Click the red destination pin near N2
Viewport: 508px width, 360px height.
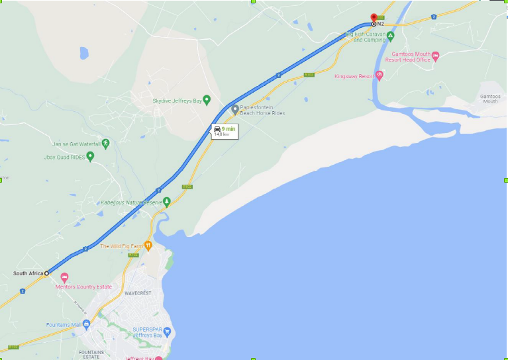tap(374, 18)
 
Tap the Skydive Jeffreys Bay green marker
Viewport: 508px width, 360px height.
tap(207, 100)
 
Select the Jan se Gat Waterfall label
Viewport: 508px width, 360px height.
tap(77, 144)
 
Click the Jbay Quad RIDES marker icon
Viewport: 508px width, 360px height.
tap(90, 156)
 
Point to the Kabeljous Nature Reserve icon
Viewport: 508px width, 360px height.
tap(167, 201)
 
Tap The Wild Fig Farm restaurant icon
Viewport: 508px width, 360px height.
tap(148, 246)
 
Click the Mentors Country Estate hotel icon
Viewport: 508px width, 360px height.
tap(64, 277)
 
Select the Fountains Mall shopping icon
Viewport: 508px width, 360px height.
tap(86, 324)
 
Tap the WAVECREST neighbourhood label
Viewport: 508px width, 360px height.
tap(138, 292)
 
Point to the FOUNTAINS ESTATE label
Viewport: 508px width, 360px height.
tap(91, 354)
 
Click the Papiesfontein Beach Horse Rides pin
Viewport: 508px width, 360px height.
tap(234, 109)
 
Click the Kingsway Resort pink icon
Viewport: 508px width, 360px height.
tap(379, 75)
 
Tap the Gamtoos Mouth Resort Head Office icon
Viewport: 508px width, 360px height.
tap(435, 56)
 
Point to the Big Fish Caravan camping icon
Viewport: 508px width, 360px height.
tap(391, 36)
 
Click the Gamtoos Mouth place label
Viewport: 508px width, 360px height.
tap(490, 99)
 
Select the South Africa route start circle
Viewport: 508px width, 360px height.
tap(47, 273)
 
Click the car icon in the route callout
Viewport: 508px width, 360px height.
tap(217, 128)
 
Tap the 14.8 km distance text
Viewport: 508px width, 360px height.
tap(222, 134)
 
